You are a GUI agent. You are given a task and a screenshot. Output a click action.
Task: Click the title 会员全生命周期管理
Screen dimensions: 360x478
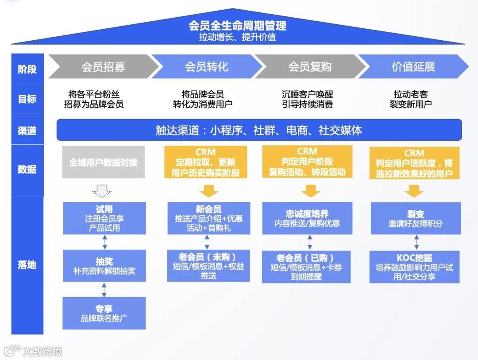point(238,26)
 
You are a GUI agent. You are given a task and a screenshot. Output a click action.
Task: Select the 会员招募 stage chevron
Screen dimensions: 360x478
point(103,67)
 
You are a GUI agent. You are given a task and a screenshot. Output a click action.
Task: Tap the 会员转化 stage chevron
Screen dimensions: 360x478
point(207,67)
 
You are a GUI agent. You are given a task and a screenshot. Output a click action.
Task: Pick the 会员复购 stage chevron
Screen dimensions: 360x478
point(310,67)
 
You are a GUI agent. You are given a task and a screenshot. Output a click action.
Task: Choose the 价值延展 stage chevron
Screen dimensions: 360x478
point(413,67)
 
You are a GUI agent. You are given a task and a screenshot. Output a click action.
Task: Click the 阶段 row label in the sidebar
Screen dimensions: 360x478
point(27,69)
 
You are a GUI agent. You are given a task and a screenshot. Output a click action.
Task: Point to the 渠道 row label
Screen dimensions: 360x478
point(27,131)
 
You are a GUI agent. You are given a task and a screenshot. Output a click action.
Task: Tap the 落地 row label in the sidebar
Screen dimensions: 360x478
point(27,265)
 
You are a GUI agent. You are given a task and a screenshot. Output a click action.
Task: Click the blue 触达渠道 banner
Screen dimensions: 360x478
point(259,130)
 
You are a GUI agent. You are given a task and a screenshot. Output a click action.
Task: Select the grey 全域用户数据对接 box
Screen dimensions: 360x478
point(104,162)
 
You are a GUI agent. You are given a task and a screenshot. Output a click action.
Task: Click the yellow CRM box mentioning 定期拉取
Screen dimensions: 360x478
point(206,163)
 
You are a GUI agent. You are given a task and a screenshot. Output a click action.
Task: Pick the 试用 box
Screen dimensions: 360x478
point(104,218)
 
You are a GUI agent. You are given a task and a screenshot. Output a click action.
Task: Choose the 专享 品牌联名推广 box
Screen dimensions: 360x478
point(104,313)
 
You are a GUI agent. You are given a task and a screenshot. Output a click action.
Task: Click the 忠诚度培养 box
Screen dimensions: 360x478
point(307,218)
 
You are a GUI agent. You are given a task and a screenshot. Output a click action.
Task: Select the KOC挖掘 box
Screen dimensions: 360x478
point(414,267)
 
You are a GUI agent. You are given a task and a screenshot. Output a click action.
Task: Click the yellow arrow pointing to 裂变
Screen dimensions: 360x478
point(414,191)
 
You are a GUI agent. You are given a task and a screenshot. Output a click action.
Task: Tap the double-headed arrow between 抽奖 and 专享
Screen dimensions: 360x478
point(104,290)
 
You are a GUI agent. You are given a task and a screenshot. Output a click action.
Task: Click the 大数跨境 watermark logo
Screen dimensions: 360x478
point(33,351)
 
